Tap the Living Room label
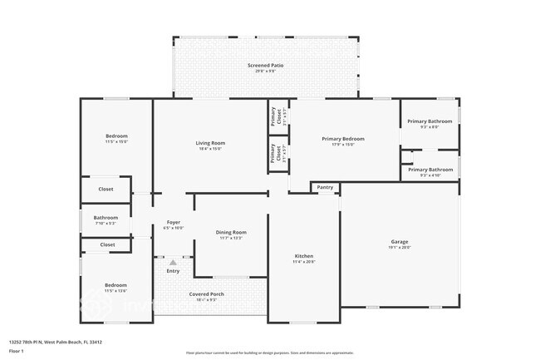point(210,143)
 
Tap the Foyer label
point(174,222)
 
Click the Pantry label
point(325,188)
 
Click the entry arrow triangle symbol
point(173,262)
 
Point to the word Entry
point(173,271)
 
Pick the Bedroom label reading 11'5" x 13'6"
point(115,285)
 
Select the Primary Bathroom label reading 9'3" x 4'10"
point(430,170)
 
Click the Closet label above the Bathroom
point(106,190)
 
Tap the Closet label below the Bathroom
point(107,245)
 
